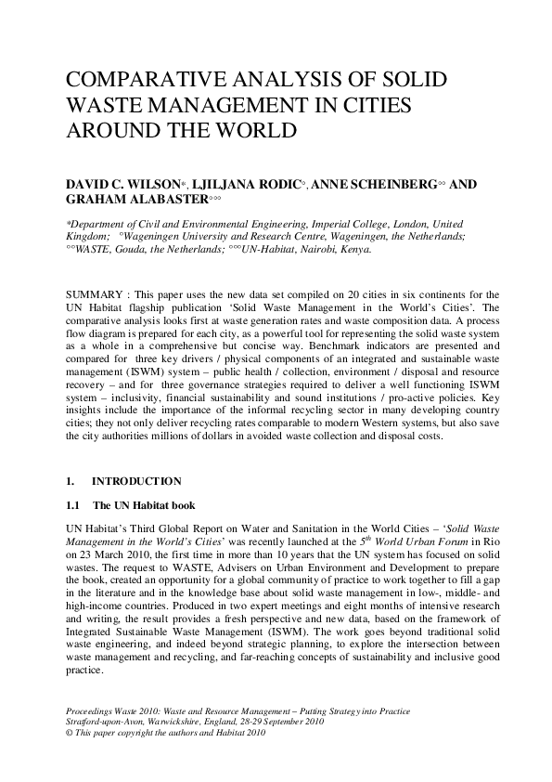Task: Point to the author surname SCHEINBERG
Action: (388, 184)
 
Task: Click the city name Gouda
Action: (130, 249)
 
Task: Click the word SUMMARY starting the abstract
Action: (95, 281)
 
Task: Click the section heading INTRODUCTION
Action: (137, 481)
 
